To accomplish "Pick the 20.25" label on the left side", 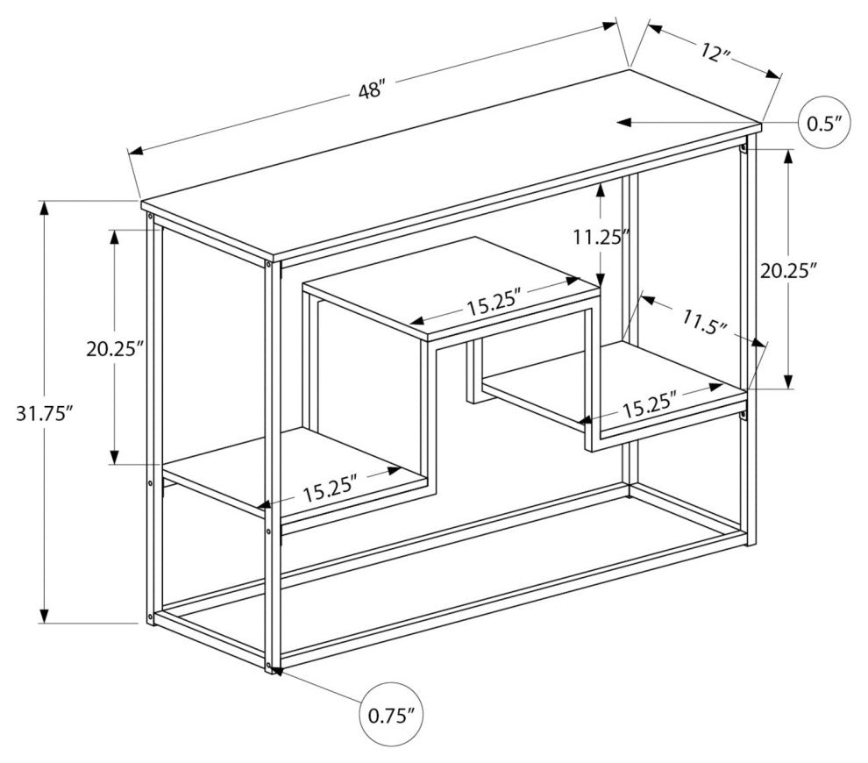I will pos(114,348).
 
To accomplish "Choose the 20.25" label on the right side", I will pos(788,271).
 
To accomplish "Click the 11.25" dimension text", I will pos(601,236).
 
